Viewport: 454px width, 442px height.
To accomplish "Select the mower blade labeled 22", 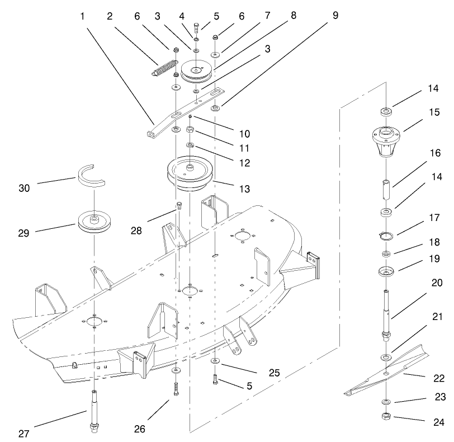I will coord(386,372).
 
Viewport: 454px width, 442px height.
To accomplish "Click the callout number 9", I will coord(335,15).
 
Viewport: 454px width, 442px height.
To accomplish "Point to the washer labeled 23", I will coord(386,402).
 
